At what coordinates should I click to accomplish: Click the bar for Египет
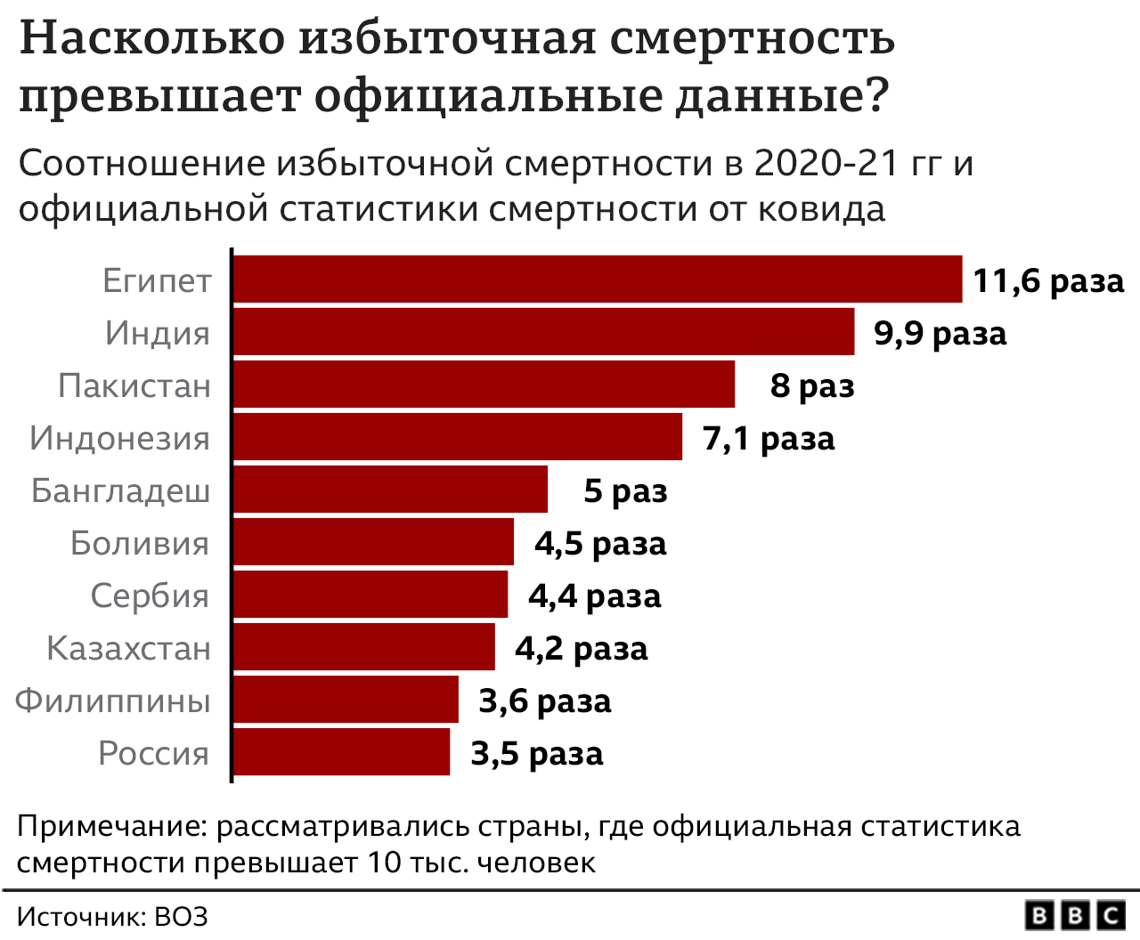coord(597,280)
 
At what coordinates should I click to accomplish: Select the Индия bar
coord(543,332)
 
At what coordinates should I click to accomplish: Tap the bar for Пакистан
coord(484,385)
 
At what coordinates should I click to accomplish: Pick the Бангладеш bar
coord(390,490)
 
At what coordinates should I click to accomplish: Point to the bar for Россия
coord(341,752)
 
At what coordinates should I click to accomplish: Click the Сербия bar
coord(370,595)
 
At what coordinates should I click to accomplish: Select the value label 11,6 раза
coord(1048,280)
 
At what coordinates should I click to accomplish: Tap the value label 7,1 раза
coord(769,438)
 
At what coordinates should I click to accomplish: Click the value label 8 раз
coord(812,385)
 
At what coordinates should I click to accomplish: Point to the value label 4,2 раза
coord(581,648)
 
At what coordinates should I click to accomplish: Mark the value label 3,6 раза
coord(545,701)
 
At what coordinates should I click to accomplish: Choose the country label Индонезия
coord(120,438)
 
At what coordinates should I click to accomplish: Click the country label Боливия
coord(140,543)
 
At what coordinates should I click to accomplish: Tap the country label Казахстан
coord(128,648)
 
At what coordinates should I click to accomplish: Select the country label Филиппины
coord(113,701)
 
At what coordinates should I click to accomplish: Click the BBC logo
coord(1076,915)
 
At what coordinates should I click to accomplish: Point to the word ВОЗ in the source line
coord(181,917)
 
